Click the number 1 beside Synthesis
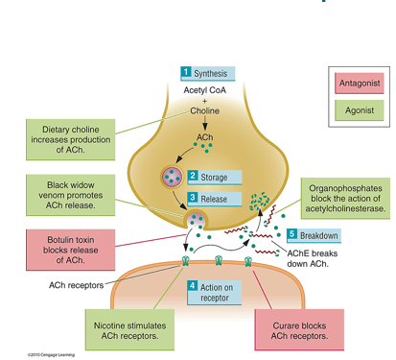coord(186,72)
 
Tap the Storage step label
coord(214,178)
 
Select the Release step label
coord(214,199)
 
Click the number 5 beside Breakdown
coord(291,234)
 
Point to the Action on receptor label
coord(214,293)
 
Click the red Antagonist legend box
coord(360,84)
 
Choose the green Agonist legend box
coord(360,110)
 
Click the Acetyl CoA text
coord(204,90)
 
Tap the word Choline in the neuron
coord(205,110)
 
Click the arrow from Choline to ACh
coord(204,123)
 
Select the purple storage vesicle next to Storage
coord(172,176)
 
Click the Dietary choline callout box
coord(71,139)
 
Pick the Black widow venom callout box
coord(71,195)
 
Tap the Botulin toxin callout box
coord(71,250)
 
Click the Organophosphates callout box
coord(345,199)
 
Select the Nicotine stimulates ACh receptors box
coord(129,330)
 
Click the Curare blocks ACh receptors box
coord(299,330)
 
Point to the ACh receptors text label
coord(76,285)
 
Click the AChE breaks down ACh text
coord(313,258)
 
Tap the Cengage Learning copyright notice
coord(51,354)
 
